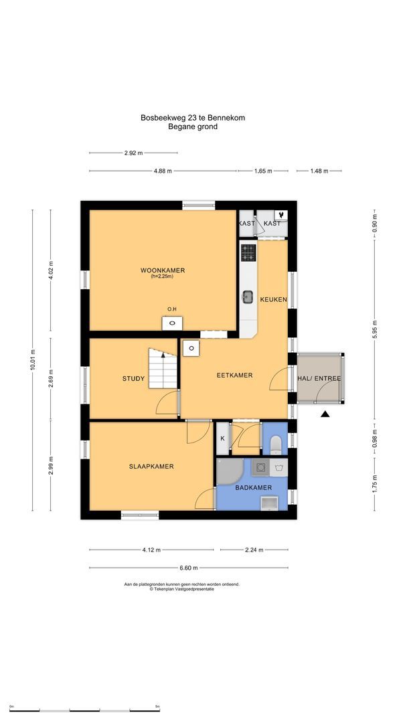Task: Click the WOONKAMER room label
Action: (x=162, y=270)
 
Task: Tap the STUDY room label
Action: (x=133, y=379)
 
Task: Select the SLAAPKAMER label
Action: (x=151, y=467)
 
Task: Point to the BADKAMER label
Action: (x=253, y=487)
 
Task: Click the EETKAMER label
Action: (x=234, y=376)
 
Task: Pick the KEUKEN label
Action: (x=273, y=300)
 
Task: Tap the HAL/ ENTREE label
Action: (x=319, y=379)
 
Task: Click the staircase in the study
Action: (x=162, y=370)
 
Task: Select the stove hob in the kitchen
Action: (x=248, y=252)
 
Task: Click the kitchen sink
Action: (x=248, y=296)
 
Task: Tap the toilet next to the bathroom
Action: (x=276, y=444)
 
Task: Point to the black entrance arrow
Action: (x=325, y=415)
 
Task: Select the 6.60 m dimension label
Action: (x=189, y=568)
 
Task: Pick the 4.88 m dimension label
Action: (x=163, y=171)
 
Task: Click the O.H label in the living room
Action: (x=172, y=309)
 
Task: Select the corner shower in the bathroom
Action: (x=230, y=472)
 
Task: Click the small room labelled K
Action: (x=222, y=438)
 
